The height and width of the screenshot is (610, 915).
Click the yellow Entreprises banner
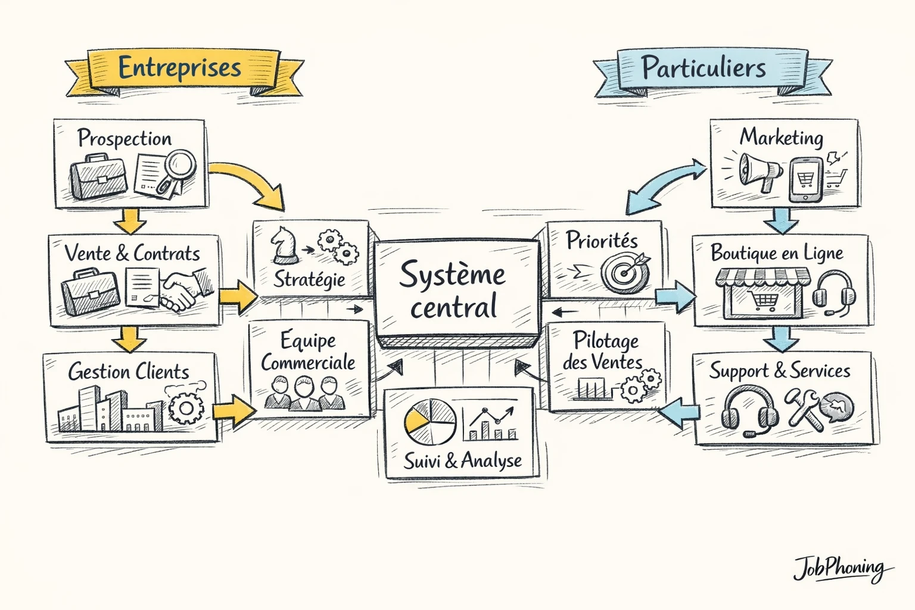pyautogui.click(x=180, y=68)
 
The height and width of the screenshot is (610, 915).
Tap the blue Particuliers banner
pyautogui.click(x=704, y=69)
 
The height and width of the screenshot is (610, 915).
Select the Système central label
pyautogui.click(x=453, y=291)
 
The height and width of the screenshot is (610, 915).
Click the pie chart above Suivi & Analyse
pyautogui.click(x=430, y=422)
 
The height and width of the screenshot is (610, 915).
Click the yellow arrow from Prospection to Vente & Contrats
pyautogui.click(x=130, y=221)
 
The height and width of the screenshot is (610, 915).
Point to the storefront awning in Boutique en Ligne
pyautogui.click(x=762, y=277)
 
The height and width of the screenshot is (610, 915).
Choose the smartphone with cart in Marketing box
pyautogui.click(x=805, y=179)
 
